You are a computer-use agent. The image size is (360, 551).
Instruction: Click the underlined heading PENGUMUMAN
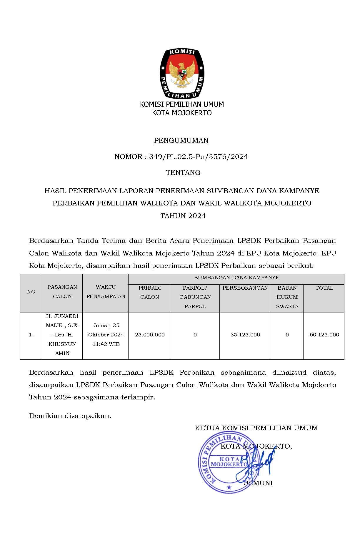click(x=181, y=140)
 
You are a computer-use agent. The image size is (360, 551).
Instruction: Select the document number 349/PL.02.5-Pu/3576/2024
click(x=199, y=157)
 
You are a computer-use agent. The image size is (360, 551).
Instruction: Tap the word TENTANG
click(x=183, y=172)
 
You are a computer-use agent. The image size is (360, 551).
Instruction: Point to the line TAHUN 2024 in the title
click(x=183, y=216)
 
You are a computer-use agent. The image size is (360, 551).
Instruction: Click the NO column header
click(x=31, y=292)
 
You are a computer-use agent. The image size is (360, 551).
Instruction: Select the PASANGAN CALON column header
click(x=62, y=292)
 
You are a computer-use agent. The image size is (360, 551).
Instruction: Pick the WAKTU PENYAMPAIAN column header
click(x=106, y=292)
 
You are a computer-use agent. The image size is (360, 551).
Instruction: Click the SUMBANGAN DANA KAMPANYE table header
click(x=237, y=278)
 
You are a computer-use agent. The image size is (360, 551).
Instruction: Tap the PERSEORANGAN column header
click(x=245, y=288)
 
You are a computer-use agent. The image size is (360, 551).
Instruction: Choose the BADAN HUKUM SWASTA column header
click(x=287, y=297)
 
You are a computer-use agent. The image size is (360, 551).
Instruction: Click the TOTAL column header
click(x=324, y=288)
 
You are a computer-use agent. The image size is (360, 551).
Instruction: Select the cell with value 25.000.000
click(x=150, y=335)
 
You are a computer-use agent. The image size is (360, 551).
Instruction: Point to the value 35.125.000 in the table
click(x=245, y=335)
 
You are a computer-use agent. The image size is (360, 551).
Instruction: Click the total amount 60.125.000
click(x=324, y=335)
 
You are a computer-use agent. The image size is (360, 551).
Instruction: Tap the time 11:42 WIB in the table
click(x=106, y=344)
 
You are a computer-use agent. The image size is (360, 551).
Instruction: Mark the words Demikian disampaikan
click(x=70, y=416)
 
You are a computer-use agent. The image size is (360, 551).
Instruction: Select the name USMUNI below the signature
click(x=258, y=483)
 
